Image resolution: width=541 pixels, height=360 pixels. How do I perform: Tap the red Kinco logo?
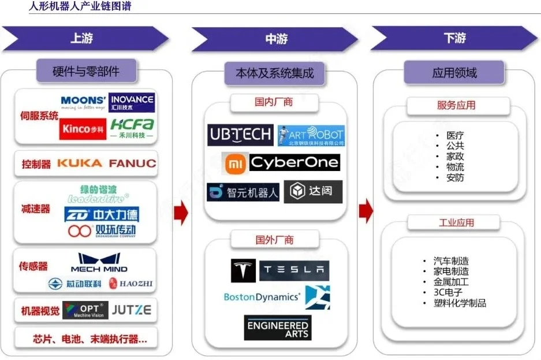tap(83, 129)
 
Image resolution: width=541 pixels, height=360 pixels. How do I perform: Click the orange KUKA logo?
tap(79, 164)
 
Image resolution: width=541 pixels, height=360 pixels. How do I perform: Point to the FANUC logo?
tap(132, 164)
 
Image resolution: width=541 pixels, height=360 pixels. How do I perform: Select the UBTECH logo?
tap(240, 135)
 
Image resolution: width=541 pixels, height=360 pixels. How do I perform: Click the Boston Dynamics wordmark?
tap(262, 297)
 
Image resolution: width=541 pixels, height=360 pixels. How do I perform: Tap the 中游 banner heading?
tap(276, 39)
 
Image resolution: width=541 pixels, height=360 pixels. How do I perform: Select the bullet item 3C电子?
tap(448, 292)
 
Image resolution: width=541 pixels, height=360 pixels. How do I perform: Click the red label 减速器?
tap(36, 209)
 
